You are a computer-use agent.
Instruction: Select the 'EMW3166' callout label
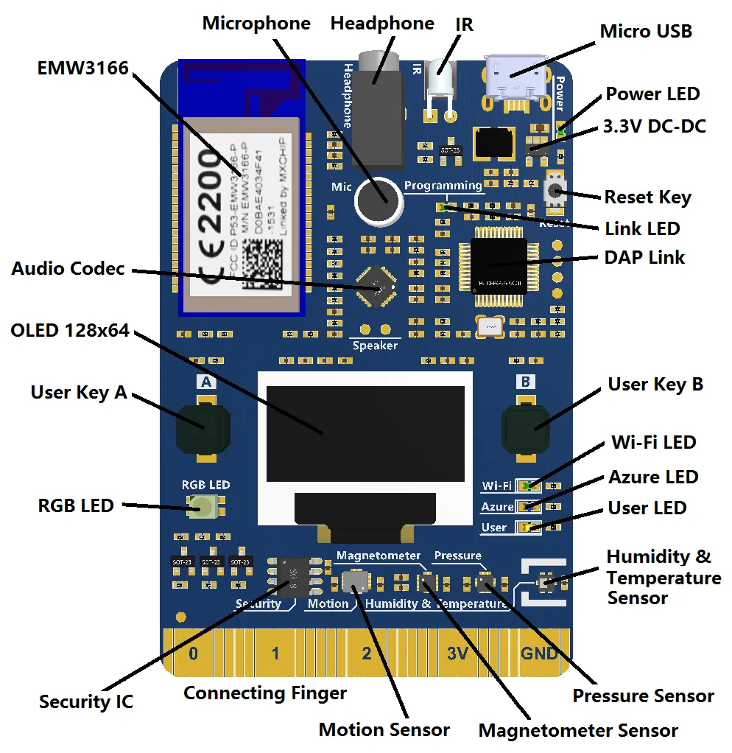pyautogui.click(x=82, y=69)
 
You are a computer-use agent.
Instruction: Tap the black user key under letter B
pyautogui.click(x=526, y=427)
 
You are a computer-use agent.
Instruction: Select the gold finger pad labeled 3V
pyautogui.click(x=457, y=653)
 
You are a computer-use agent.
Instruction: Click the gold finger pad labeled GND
pyautogui.click(x=539, y=653)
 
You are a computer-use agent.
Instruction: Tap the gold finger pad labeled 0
pyautogui.click(x=193, y=653)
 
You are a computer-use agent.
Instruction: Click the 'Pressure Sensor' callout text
pyautogui.click(x=643, y=696)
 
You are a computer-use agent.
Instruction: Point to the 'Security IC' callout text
pyautogui.click(x=86, y=701)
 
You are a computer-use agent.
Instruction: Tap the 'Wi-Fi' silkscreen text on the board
pyautogui.click(x=496, y=486)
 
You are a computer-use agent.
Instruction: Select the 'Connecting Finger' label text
pyautogui.click(x=265, y=693)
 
